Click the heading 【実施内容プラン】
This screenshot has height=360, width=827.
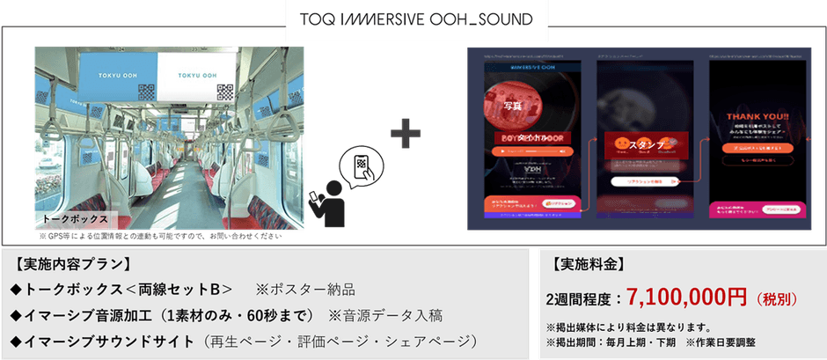(73, 263)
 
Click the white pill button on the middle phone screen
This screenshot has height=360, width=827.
(646, 180)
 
